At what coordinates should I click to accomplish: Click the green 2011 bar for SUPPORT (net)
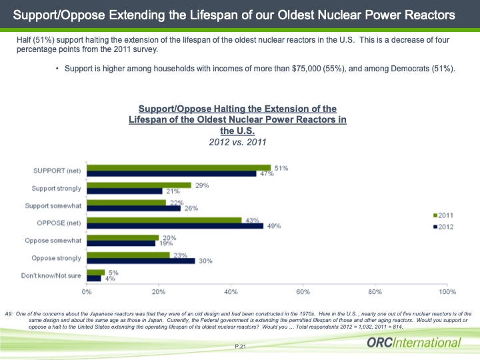tap(179, 167)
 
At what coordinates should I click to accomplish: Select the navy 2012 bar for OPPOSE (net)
tap(175, 226)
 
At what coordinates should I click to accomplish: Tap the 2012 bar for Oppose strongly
tap(141, 261)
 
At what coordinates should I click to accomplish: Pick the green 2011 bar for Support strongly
tap(139, 185)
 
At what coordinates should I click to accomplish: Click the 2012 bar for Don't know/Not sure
tap(94, 278)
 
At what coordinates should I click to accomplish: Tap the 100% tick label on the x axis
tap(447, 292)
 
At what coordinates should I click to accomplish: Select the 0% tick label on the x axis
tap(87, 292)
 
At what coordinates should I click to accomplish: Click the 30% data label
tap(205, 261)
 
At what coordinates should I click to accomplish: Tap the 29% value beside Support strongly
tap(202, 185)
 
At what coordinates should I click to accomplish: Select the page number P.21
tap(241, 345)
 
